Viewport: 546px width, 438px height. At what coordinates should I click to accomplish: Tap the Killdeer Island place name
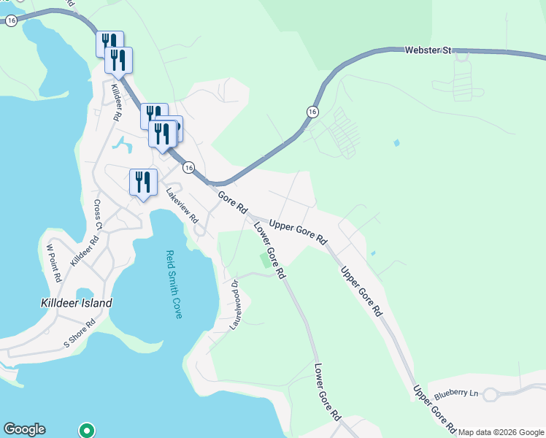point(77,302)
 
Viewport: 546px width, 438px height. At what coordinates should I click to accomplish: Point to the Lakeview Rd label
point(182,206)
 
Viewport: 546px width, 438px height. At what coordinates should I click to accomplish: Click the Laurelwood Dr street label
point(235,304)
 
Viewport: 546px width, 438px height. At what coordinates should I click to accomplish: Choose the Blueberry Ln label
point(455,393)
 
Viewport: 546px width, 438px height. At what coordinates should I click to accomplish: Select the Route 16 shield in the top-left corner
point(11,21)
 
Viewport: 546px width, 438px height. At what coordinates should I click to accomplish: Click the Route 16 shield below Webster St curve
point(312,112)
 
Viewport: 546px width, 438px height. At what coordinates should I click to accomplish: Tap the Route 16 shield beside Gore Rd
point(188,167)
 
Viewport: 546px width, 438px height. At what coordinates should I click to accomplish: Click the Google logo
point(24,429)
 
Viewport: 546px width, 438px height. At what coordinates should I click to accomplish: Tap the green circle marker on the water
point(87,430)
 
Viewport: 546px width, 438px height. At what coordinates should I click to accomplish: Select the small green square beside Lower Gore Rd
point(264,259)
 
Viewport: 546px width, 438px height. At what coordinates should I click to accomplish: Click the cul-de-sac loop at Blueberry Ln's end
point(491,395)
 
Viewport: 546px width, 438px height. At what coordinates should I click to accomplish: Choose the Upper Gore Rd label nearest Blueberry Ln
point(434,409)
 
